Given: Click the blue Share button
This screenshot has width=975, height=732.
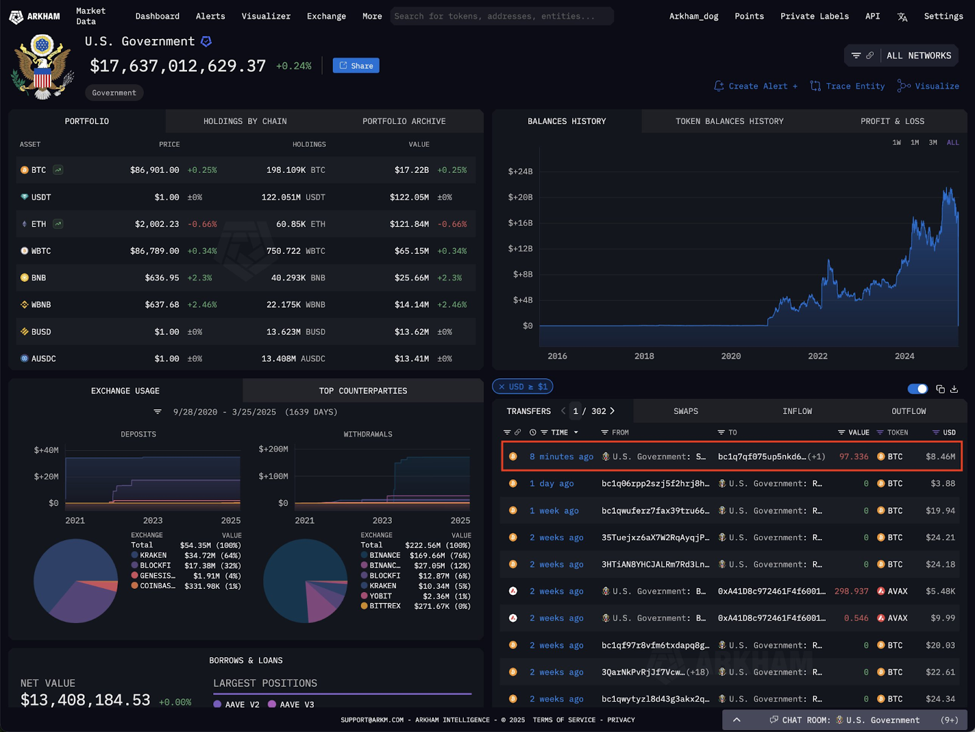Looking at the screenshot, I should (x=356, y=66).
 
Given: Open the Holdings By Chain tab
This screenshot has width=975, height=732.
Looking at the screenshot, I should (x=245, y=121).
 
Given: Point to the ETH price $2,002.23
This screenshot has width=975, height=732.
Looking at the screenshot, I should (x=157, y=224).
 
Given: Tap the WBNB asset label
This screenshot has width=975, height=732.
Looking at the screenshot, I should (x=41, y=304).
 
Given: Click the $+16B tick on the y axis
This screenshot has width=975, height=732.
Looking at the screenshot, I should (x=520, y=223).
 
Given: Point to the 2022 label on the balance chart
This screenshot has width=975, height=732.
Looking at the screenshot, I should (x=817, y=356).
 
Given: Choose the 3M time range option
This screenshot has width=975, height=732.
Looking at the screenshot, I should (x=932, y=143).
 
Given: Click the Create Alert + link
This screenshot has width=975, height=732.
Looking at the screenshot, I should (x=756, y=86).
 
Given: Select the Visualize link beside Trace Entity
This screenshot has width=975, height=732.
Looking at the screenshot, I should (x=929, y=86).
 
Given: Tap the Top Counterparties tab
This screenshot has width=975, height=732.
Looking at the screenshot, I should (x=363, y=391).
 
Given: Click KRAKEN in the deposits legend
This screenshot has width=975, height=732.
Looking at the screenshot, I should (x=153, y=555).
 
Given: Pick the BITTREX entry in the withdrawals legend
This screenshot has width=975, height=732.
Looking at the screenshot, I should (x=385, y=606).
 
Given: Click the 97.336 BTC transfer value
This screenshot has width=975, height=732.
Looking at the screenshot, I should (x=854, y=457).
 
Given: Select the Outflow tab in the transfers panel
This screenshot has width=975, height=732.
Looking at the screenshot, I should (x=908, y=411).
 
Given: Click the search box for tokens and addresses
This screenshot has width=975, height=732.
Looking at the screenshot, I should (x=501, y=16).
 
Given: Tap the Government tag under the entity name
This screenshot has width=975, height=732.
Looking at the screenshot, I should (x=114, y=93).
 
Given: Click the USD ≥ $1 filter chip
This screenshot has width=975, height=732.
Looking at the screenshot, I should (x=523, y=387).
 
